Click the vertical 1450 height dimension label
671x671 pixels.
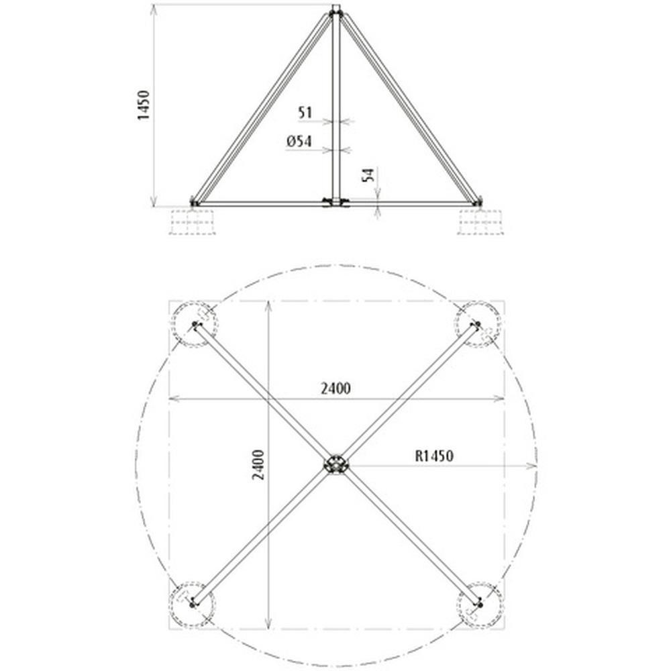point(144,105)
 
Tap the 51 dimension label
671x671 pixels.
point(305,113)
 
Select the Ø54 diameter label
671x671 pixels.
point(299,141)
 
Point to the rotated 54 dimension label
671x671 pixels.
point(368,175)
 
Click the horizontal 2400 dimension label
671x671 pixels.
point(335,388)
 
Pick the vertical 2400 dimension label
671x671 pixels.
point(258,464)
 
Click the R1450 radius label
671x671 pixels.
point(434,456)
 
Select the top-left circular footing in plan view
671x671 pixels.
point(195,324)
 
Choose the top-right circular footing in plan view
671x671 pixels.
point(478,324)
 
